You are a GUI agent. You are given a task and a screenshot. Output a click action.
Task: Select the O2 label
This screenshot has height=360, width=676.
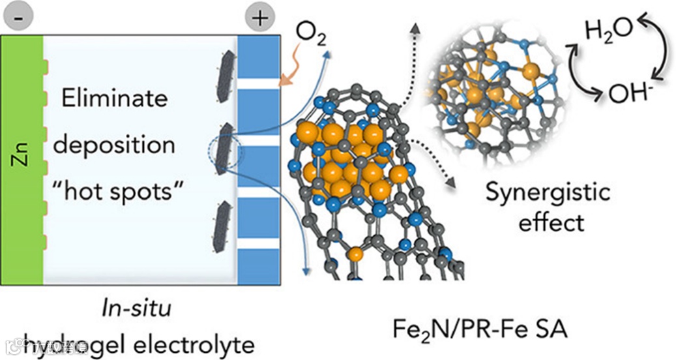[310, 31]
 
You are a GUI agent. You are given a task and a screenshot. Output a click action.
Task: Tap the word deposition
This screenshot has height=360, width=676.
[114, 144]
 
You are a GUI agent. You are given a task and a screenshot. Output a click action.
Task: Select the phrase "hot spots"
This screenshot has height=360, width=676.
[115, 190]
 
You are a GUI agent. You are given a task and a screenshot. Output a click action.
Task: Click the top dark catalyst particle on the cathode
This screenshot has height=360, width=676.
[225, 78]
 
